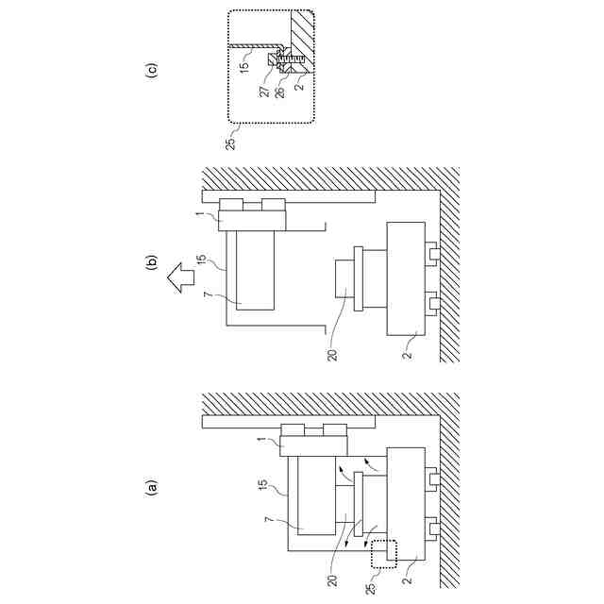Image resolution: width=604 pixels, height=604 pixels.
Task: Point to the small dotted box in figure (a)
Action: pos(384,552)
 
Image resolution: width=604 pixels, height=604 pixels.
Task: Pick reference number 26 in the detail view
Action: pos(280,92)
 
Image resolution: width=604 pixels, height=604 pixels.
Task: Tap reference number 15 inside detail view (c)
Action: pos(245,67)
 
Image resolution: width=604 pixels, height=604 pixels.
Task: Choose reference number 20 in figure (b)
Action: pos(332,355)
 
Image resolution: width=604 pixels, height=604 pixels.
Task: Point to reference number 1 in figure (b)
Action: pos(199,216)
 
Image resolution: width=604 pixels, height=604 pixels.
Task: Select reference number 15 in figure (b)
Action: pos(201,260)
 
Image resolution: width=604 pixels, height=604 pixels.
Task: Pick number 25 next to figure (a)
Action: pos(371,588)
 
